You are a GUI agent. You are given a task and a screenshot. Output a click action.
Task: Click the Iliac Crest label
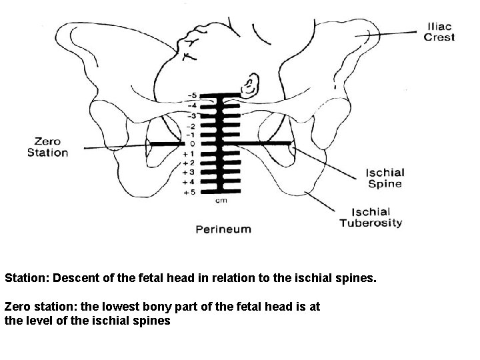pyautogui.click(x=439, y=32)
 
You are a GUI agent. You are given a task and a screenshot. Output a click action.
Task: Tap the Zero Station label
pyautogui.click(x=47, y=147)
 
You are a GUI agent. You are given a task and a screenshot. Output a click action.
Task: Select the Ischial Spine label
pyautogui.click(x=384, y=178)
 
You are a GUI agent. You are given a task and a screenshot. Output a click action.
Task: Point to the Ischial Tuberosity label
pyautogui.click(x=371, y=217)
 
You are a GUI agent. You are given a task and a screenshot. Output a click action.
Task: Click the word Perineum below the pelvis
pyautogui.click(x=223, y=229)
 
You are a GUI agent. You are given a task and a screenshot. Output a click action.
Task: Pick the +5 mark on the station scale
pyautogui.click(x=190, y=193)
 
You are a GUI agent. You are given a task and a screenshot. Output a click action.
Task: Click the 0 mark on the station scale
pyautogui.click(x=193, y=144)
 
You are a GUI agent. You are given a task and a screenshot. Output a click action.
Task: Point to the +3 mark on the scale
pyautogui.click(x=190, y=173)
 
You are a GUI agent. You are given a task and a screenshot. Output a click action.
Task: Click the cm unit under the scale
pyautogui.click(x=218, y=200)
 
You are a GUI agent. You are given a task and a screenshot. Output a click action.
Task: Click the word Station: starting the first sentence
pyautogui.click(x=27, y=277)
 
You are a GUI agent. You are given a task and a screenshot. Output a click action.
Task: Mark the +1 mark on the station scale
pyautogui.click(x=190, y=154)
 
